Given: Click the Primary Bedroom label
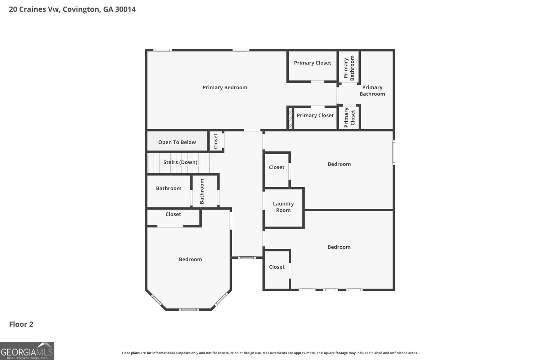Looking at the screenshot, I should [225, 87].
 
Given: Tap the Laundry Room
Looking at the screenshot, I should [283, 207].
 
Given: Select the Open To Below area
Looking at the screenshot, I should [177, 142].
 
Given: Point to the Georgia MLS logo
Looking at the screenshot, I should [27, 351].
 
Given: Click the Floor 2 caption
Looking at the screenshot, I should [21, 324].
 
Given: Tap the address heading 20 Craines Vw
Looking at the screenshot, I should [72, 9].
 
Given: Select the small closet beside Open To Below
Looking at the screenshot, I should [216, 141].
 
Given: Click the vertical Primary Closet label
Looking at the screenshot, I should [349, 117].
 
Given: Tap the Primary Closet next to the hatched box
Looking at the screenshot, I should [315, 116].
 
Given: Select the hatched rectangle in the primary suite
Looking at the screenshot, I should [290, 118].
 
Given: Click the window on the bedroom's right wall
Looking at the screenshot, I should [393, 152].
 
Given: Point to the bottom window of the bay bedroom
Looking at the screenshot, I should [189, 309].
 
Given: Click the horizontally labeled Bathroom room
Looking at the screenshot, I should [168, 189].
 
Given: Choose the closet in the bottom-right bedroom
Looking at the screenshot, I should [276, 267].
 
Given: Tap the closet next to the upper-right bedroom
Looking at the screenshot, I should [276, 167].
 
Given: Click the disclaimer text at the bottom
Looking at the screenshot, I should [270, 353].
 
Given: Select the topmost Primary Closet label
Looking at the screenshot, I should [312, 63].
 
